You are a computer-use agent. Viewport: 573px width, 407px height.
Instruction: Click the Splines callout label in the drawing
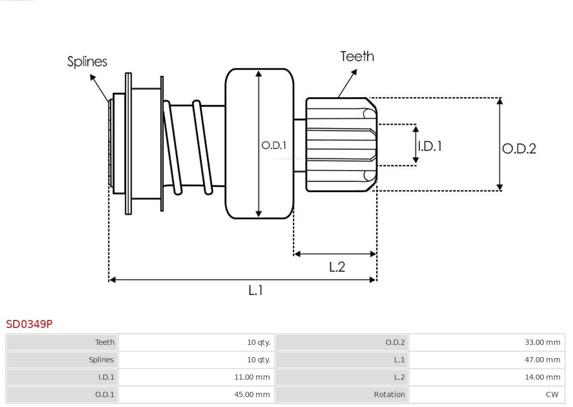(87, 62)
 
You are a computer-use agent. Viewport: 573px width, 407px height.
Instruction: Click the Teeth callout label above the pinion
(357, 56)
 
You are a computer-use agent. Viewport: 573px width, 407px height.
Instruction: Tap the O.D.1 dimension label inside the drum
(274, 145)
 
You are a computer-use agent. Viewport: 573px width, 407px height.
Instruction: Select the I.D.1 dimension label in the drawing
(430, 146)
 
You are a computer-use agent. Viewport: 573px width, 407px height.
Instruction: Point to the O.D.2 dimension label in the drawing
(519, 149)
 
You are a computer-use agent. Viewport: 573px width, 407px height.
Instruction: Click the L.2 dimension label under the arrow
(337, 266)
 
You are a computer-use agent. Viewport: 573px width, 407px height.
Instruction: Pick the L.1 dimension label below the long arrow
(256, 290)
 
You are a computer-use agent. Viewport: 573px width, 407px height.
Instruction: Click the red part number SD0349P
(29, 324)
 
